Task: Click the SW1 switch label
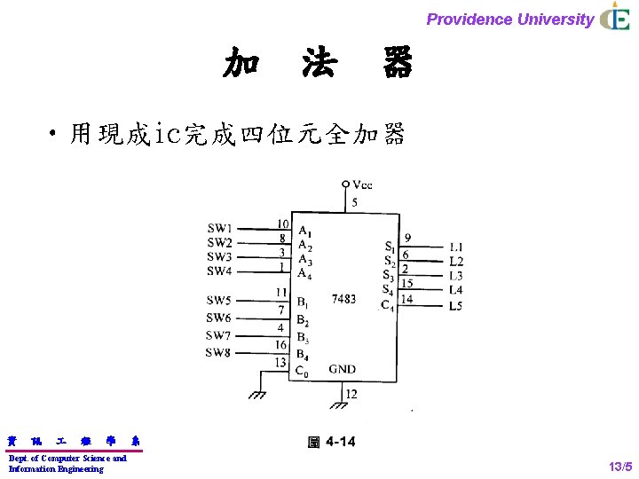(x=219, y=229)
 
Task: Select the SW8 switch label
(x=218, y=353)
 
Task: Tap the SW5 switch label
(x=218, y=300)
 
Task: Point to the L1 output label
(x=456, y=247)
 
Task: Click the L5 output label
(x=456, y=306)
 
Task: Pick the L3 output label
(x=456, y=276)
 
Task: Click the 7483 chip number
(x=343, y=299)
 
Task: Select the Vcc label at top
(x=362, y=185)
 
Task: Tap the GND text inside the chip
(x=343, y=369)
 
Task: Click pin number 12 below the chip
(x=351, y=394)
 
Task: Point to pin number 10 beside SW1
(x=282, y=224)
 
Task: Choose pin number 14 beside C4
(x=406, y=299)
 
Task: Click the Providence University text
(x=509, y=20)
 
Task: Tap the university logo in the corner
(x=614, y=18)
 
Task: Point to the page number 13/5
(x=619, y=466)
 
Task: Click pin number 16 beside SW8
(x=281, y=344)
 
